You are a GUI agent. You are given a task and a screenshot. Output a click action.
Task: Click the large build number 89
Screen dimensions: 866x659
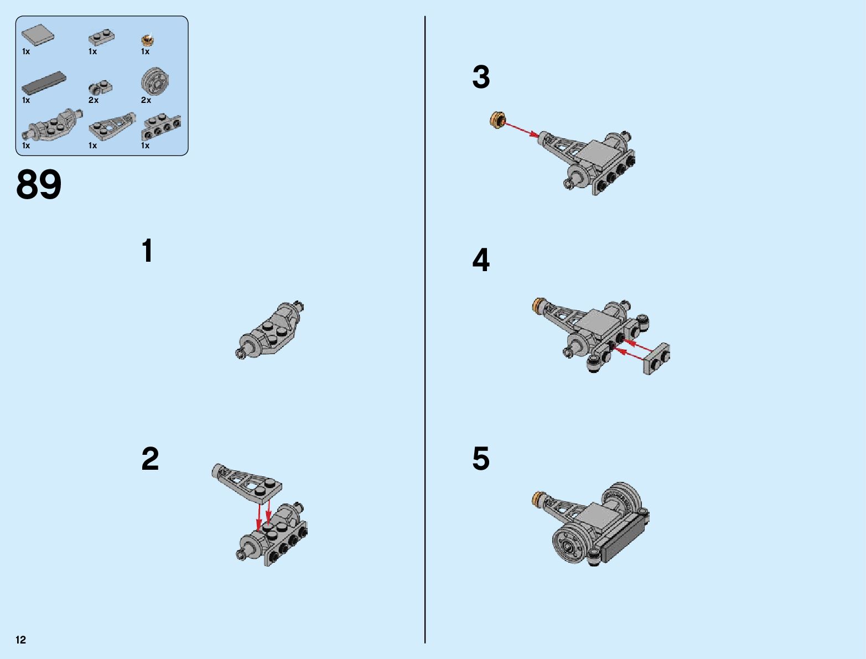[39, 184]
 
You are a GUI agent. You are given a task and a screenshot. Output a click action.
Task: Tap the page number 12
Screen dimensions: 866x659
[21, 640]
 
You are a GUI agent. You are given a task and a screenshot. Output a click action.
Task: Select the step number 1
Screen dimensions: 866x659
[148, 250]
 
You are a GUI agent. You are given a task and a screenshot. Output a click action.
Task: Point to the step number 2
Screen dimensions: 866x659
[150, 459]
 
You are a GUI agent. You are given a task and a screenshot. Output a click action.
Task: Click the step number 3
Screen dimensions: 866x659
[481, 77]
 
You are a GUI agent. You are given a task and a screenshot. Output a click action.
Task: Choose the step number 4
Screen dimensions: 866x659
[481, 260]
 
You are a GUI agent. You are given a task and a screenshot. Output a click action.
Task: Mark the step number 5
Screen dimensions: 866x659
[481, 459]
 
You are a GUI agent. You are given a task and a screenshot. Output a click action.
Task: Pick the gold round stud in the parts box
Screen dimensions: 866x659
[147, 39]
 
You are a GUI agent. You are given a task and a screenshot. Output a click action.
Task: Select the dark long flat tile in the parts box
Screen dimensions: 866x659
[44, 83]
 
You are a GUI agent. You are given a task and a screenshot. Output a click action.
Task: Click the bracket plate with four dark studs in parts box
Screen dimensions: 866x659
[161, 127]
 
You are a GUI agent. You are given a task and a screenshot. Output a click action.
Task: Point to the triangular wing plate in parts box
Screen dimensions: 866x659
[112, 126]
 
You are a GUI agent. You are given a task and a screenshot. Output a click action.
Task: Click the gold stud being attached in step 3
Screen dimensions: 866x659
[498, 120]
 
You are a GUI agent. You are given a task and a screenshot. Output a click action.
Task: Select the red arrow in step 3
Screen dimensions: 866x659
[522, 131]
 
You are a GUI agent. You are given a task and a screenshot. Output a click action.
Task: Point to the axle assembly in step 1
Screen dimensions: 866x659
[270, 330]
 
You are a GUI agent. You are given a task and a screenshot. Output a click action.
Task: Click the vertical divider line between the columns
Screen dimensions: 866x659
[425, 330]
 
